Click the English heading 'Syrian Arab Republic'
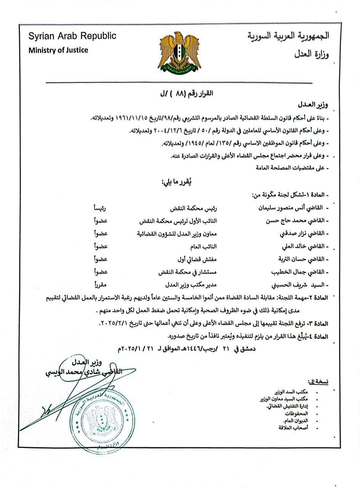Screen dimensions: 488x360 click(x=72, y=37)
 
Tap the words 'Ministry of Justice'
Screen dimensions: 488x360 click(x=58, y=50)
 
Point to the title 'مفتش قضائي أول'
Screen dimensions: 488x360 click(x=179, y=259)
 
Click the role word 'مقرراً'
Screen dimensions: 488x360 click(x=101, y=284)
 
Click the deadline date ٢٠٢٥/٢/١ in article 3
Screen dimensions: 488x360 click(x=119, y=323)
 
